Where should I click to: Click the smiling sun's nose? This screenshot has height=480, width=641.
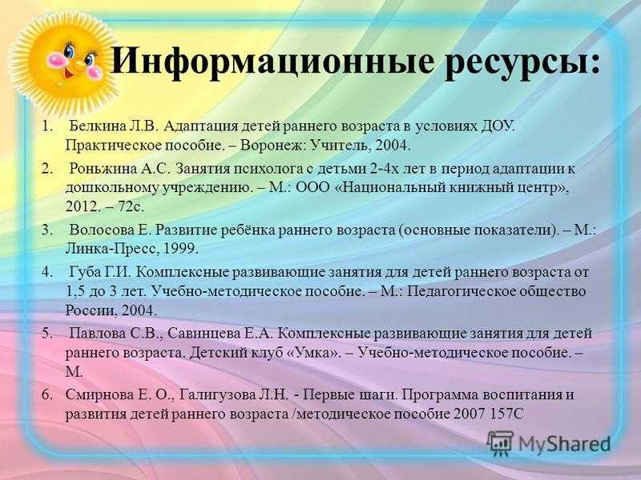pyautogui.click(x=79, y=65)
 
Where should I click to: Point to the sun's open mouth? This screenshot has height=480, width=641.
pyautogui.click(x=68, y=74)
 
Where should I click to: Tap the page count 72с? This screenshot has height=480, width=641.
pyautogui.click(x=131, y=206)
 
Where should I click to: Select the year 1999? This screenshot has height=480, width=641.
pyautogui.click(x=180, y=249)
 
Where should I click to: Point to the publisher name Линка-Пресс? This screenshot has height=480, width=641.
pyautogui.click(x=110, y=249)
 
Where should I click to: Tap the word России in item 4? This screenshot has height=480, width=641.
pyautogui.click(x=90, y=310)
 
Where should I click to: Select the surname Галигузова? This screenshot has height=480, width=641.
pyautogui.click(x=217, y=395)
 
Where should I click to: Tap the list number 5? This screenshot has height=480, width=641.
pyautogui.click(x=46, y=334)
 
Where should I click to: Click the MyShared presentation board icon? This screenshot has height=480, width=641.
pyautogui.click(x=500, y=443)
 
